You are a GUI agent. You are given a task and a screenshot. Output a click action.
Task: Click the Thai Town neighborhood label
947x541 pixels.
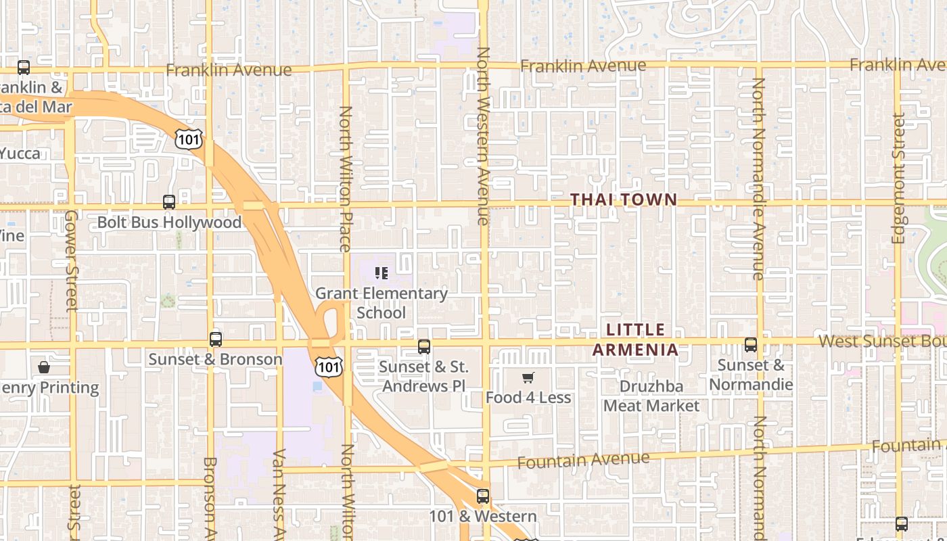pos(623,199)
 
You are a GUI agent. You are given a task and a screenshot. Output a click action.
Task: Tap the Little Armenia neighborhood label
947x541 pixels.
pos(635,339)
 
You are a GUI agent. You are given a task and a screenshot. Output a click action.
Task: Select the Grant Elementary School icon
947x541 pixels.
pos(382,273)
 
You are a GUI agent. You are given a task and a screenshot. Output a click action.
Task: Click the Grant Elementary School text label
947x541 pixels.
pos(382,303)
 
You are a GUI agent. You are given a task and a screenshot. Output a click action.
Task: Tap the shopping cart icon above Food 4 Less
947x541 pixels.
pos(528,377)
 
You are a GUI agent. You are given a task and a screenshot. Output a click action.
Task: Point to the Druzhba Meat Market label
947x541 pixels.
pos(651,396)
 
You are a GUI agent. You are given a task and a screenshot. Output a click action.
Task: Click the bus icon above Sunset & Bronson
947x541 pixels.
pos(216,339)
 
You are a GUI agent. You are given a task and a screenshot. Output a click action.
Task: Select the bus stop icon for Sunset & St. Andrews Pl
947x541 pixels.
pos(424,347)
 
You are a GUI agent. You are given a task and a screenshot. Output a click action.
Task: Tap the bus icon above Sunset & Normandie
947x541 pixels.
pos(751,345)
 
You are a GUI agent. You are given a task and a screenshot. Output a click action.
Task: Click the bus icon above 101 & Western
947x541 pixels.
pos(482,496)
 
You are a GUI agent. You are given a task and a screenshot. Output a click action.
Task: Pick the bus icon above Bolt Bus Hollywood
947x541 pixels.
pos(169,202)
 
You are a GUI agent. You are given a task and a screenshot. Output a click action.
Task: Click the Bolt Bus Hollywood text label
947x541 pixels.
pos(169,222)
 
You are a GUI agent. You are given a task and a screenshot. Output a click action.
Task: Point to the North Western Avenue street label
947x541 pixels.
pos(483,135)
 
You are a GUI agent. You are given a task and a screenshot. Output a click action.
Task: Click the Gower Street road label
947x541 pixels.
pos(72,260)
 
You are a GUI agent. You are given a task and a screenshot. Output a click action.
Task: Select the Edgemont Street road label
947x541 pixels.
pos(898,178)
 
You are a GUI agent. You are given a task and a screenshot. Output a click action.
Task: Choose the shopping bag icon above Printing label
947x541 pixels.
pos(44,367)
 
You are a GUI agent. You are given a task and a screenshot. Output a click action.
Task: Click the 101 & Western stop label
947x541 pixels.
pos(482,517)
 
